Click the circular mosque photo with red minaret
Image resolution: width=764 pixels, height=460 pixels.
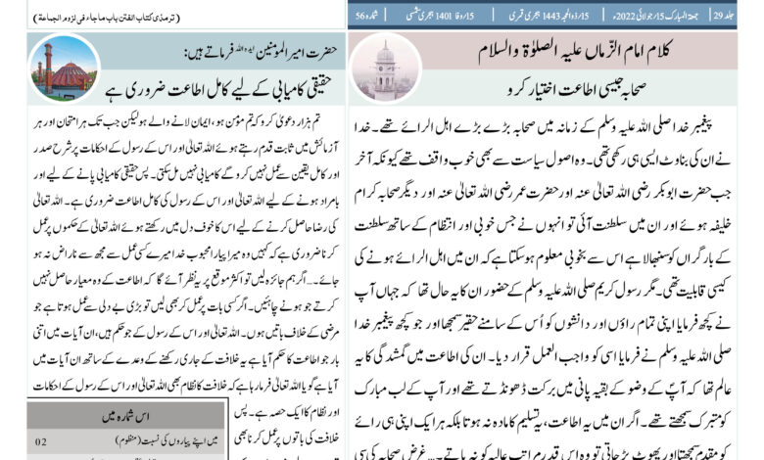click(65, 69)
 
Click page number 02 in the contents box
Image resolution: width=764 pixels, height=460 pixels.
click(40, 442)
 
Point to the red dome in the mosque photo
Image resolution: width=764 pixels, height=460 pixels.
click(72, 71)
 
